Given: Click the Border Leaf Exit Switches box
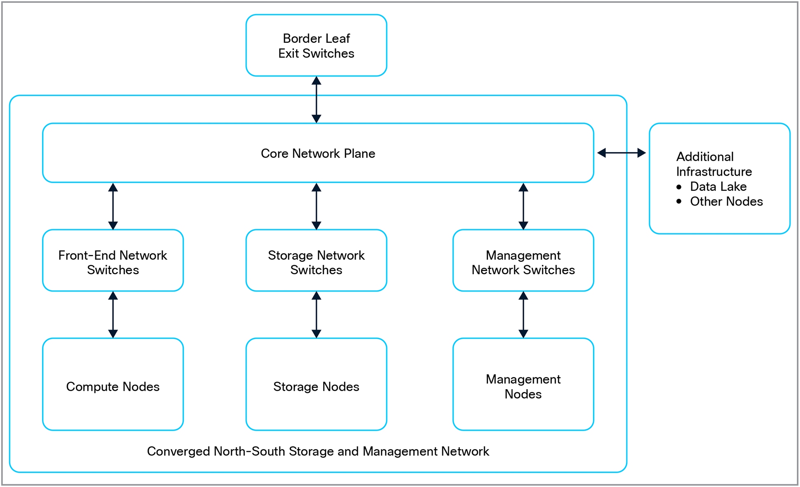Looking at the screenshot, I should (x=316, y=45).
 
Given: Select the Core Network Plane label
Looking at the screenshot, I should (x=318, y=153).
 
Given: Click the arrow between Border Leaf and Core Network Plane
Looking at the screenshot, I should (x=316, y=99).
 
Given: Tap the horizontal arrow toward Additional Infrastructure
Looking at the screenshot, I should (x=621, y=153).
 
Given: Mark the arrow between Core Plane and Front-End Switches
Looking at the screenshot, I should (x=113, y=206).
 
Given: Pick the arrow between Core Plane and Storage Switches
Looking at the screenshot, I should (x=316, y=206).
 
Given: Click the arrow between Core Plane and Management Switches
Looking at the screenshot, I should (x=523, y=206).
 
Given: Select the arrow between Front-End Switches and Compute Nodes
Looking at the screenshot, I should (x=113, y=315).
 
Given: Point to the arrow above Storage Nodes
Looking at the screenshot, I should (x=316, y=315).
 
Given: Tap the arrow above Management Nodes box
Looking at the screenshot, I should (x=523, y=315).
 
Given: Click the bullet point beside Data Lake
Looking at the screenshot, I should (x=679, y=187).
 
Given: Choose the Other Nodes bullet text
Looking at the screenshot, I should (x=726, y=201).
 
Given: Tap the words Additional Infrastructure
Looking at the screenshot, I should (x=714, y=164).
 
